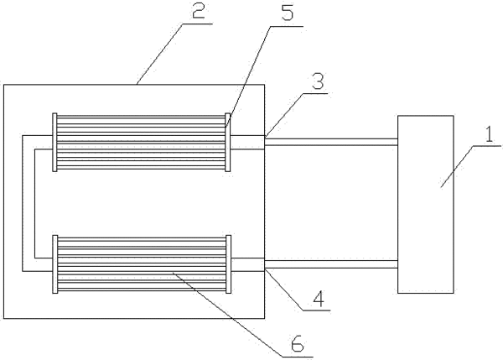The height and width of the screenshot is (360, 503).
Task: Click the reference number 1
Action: pyautogui.click(x=489, y=134)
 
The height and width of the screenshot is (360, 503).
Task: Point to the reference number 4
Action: pyautogui.click(x=319, y=299)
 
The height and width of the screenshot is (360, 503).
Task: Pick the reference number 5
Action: pyautogui.click(x=287, y=12)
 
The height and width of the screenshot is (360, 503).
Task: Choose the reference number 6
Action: pyautogui.click(x=298, y=344)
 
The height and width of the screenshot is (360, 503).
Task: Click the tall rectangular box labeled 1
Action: pyautogui.click(x=426, y=204)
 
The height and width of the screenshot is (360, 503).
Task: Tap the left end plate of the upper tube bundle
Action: pyautogui.click(x=54, y=143)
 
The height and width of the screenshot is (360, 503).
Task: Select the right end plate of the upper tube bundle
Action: pyautogui.click(x=228, y=143)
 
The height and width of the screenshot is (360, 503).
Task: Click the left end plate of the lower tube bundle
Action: pyautogui.click(x=54, y=264)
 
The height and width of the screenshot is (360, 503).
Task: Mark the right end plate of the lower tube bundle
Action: pyautogui.click(x=228, y=264)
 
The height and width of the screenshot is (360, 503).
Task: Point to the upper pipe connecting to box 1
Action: pyautogui.click(x=331, y=142)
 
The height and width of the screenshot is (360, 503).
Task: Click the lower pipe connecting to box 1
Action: pyautogui.click(x=331, y=264)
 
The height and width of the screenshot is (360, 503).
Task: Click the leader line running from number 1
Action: pyautogui.click(x=457, y=166)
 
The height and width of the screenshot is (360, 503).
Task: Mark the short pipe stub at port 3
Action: pyautogui.click(x=247, y=143)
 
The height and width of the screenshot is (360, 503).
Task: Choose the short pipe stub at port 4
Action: pyautogui.click(x=247, y=264)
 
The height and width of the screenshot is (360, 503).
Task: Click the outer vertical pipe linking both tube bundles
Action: pyautogui.click(x=23, y=203)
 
